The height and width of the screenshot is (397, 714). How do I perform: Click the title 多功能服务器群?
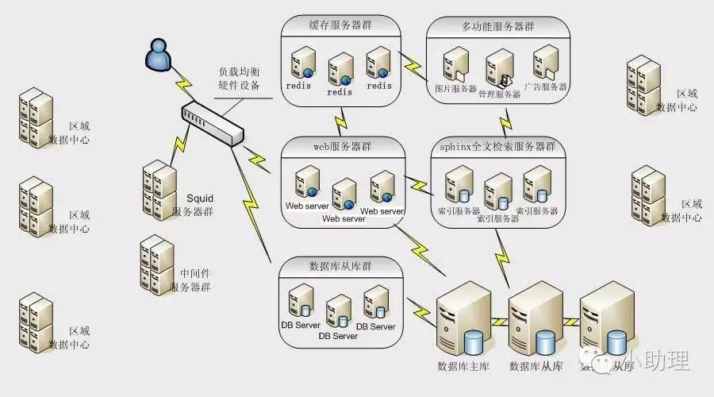point(497,25)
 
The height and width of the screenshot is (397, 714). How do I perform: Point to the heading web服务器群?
point(340,147)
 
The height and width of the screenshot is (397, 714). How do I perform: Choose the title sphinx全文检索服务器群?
point(497,147)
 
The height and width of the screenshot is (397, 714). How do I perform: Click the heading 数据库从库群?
point(340,264)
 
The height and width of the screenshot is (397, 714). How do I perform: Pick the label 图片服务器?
point(455,88)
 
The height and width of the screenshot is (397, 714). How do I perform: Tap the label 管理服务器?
point(499,94)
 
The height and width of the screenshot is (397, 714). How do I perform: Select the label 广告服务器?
point(546,87)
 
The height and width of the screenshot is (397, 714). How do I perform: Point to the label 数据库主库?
point(463,366)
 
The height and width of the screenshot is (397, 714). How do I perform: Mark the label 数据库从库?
point(535,366)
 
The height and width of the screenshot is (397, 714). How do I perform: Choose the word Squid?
point(200,198)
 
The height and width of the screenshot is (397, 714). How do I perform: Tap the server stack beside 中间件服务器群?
point(156,265)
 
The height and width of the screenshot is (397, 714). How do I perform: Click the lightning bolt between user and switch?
point(183,82)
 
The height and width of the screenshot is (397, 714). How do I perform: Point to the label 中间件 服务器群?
point(191,280)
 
